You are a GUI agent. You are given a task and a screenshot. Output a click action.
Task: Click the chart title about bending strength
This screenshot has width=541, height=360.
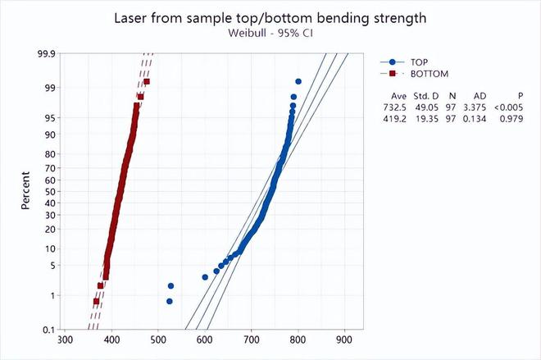(x=270, y=18)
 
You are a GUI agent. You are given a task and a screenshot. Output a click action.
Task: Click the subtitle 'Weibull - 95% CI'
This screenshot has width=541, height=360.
(x=270, y=33)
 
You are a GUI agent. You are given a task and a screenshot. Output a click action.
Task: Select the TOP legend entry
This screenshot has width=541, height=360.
(x=404, y=62)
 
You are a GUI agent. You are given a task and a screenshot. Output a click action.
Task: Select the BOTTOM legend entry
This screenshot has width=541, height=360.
(x=415, y=74)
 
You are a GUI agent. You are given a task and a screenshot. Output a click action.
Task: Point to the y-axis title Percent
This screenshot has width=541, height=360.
(x=25, y=190)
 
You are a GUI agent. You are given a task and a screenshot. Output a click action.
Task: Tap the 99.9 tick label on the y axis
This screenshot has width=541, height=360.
(x=46, y=54)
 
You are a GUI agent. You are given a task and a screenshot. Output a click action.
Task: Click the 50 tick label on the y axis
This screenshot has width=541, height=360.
(x=50, y=191)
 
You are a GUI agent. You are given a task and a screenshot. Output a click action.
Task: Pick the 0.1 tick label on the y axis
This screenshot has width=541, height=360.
(x=49, y=330)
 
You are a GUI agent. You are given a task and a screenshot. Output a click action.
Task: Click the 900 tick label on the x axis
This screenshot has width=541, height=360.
(x=344, y=340)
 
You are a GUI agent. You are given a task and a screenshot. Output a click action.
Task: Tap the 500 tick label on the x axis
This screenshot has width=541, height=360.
(x=158, y=340)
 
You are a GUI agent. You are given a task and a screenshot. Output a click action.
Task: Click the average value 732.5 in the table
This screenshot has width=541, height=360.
(x=394, y=107)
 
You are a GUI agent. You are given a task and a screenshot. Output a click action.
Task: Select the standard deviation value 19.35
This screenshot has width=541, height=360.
(x=427, y=119)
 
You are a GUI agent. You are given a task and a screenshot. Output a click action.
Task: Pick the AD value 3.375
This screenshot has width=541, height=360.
(x=475, y=107)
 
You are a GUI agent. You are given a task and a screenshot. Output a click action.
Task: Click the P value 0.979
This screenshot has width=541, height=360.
(x=511, y=119)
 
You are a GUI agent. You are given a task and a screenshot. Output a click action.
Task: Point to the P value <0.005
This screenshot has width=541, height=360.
(x=508, y=107)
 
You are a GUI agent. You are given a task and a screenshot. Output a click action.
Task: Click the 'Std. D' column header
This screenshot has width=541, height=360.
(x=426, y=96)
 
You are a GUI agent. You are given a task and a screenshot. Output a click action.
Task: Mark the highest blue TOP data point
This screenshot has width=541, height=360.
(x=298, y=81)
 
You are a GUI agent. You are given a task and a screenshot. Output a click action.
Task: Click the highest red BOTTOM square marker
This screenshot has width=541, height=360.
(x=147, y=81)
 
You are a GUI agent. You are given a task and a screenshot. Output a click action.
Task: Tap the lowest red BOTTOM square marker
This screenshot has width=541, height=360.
(x=96, y=301)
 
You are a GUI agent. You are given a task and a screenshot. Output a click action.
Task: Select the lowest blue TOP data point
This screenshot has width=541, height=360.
(x=170, y=301)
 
